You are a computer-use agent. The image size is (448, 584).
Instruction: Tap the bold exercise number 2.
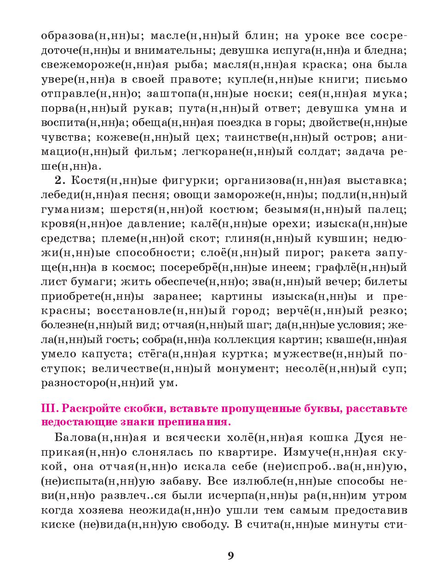[58, 180]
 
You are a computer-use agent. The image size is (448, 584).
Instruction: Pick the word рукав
[147, 109]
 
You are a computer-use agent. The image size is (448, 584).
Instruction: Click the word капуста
[105, 354]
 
